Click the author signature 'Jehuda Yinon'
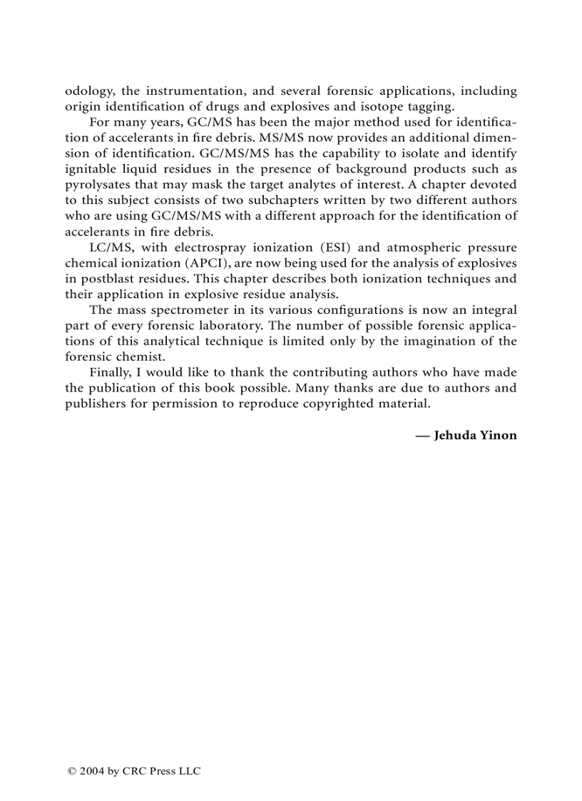click(475, 435)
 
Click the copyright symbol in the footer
click(71, 771)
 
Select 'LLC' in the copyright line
click(190, 771)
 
